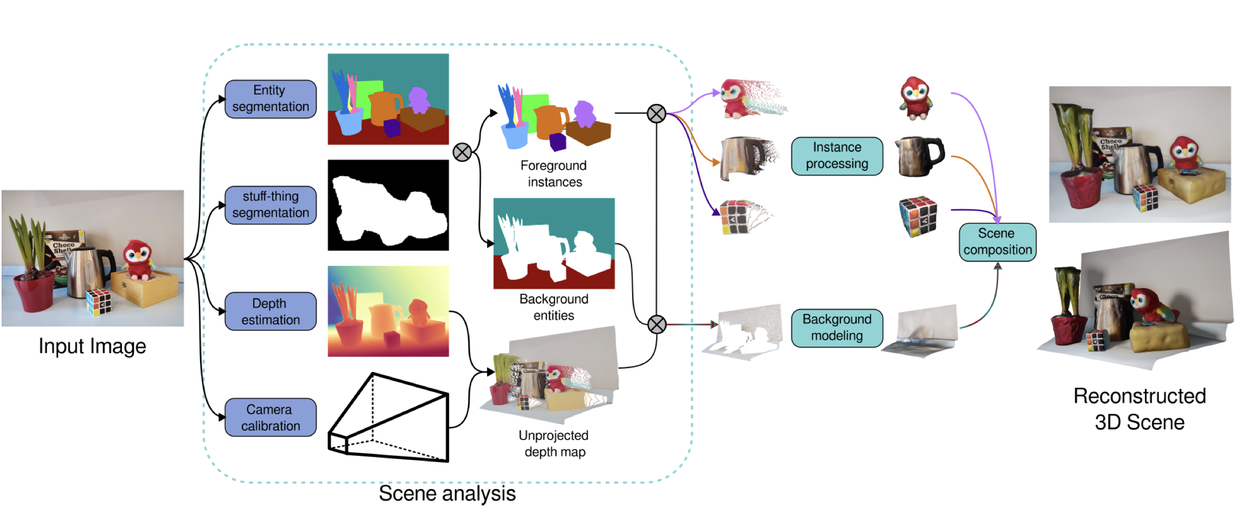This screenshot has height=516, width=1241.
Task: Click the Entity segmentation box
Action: point(270,99)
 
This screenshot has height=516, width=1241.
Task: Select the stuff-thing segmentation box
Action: point(270,205)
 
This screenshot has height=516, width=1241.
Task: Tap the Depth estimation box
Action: point(270,311)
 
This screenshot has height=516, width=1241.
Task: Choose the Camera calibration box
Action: point(270,417)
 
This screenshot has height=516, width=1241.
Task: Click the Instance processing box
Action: point(836,156)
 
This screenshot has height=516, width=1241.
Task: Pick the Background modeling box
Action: point(836,328)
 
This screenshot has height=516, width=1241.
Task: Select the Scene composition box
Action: point(997,242)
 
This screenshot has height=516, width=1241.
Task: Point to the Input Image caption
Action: point(92,347)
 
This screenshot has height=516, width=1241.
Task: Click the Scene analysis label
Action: point(447,494)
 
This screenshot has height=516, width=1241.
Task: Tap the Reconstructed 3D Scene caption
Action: point(1139,409)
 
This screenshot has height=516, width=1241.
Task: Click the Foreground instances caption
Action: point(554,174)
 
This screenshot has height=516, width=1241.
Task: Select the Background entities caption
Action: point(553,307)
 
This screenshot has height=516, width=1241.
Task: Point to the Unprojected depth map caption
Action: point(554,443)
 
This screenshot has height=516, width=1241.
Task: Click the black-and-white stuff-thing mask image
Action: point(388,205)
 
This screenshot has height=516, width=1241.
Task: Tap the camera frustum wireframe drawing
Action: point(389,417)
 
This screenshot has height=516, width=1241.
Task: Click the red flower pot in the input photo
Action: point(33,292)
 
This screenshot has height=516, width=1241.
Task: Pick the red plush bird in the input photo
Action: point(138,259)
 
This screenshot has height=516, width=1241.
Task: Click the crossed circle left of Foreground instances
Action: point(462,152)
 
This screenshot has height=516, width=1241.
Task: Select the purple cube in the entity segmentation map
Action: point(392,128)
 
